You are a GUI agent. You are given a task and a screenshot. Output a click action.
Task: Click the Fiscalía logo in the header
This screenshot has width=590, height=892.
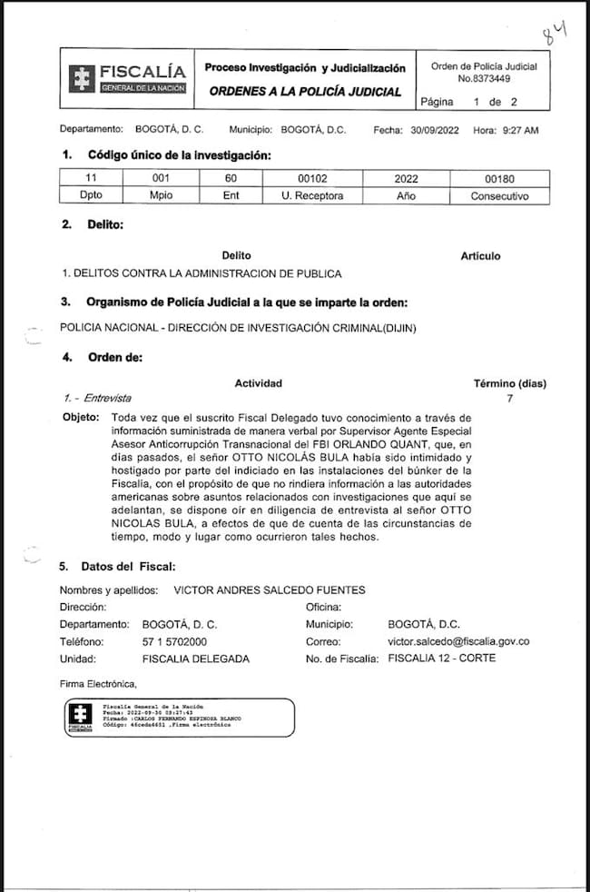[126, 77]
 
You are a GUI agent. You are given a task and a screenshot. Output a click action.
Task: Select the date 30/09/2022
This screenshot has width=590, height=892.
[437, 130]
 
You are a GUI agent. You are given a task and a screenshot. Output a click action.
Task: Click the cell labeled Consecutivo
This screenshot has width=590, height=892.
[498, 195]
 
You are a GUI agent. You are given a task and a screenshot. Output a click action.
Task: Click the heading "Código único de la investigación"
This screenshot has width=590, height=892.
[179, 155]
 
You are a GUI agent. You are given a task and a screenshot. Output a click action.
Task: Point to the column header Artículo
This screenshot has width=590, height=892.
[480, 256]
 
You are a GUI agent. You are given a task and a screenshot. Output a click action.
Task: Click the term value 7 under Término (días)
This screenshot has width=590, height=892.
[509, 398]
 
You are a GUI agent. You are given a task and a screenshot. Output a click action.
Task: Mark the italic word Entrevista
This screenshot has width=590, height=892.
[103, 398]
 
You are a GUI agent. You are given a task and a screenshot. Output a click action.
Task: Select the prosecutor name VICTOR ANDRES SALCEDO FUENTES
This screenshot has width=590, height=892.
[269, 590]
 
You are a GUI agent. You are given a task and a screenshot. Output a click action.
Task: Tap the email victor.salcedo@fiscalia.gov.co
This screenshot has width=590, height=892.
[458, 641]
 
